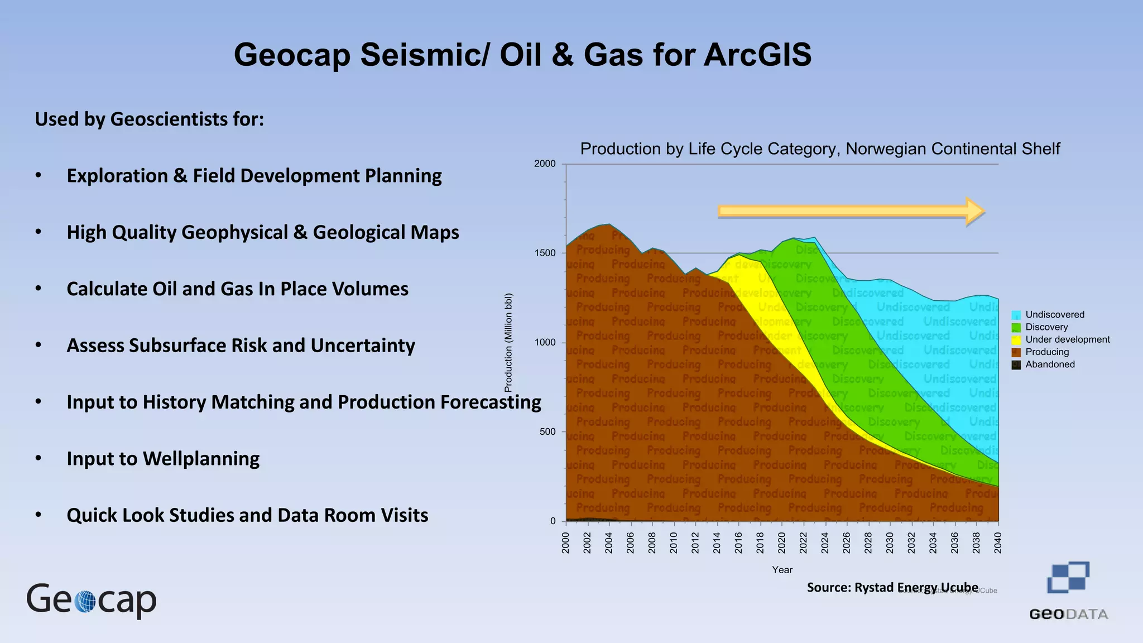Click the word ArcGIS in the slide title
tap(757, 55)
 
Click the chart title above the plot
tap(819, 149)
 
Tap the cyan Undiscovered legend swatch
tap(1016, 315)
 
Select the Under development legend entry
tap(1067, 339)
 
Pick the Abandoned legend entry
tap(1049, 364)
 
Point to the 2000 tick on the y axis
tap(545, 164)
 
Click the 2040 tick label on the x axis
tap(998, 543)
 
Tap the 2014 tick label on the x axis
tap(717, 543)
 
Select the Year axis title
tap(782, 570)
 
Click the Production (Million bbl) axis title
tap(508, 342)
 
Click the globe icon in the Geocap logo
tap(85, 602)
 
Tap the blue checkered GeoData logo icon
tap(1068, 577)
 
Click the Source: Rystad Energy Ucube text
tap(892, 587)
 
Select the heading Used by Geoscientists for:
tap(149, 119)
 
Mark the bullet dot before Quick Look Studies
tap(39, 515)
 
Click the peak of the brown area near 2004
tap(609, 225)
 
